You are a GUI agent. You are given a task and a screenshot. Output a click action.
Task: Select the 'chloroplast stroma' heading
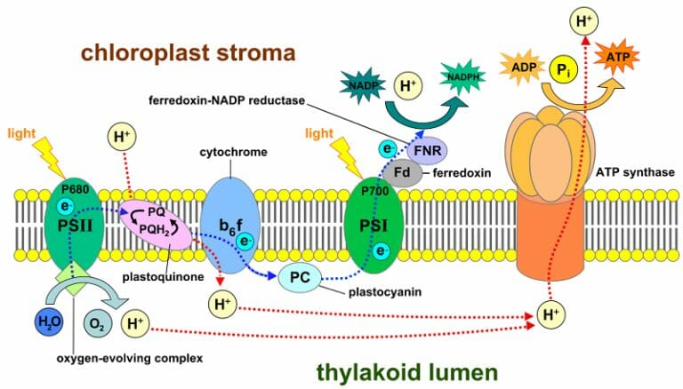pos(188,53)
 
